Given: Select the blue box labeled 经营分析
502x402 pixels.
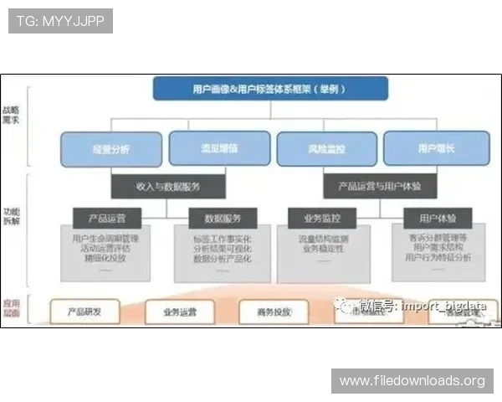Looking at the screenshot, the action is point(112,148).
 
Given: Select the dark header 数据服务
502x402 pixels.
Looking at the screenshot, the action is point(222,219).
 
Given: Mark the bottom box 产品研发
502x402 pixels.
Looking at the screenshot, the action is point(85,312).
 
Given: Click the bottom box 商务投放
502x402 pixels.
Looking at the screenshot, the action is point(274,312).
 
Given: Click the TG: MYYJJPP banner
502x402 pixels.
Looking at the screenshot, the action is point(60,20).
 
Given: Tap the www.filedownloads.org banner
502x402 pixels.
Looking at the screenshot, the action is point(412,381).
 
